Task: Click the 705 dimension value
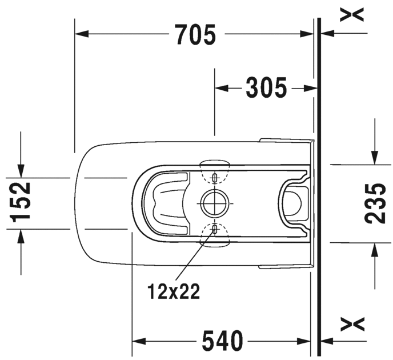point(195,35)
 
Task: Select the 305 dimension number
point(266,88)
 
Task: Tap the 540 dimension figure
point(223,341)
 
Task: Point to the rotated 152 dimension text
point(20,202)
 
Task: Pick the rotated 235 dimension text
point(375,203)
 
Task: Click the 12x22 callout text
point(174,291)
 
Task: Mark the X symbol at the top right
point(352,15)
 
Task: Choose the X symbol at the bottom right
point(352,324)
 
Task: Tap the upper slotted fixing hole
point(215,178)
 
